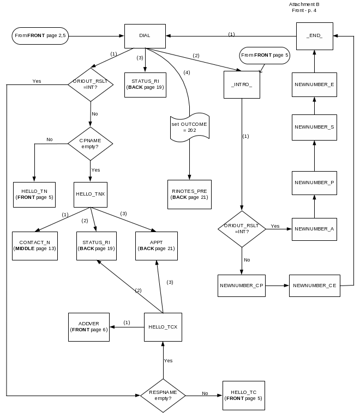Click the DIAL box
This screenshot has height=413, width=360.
coord(145,36)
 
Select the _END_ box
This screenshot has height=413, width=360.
coord(315,36)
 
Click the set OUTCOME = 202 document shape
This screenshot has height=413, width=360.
coord(189,127)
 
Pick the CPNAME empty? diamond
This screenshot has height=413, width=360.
coord(90,144)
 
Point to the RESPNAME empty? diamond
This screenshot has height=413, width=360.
coord(163,395)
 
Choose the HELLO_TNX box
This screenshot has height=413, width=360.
coord(90,194)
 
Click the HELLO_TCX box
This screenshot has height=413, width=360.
coord(163,327)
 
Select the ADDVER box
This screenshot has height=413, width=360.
coord(89,327)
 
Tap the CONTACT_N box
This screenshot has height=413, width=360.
coord(35,245)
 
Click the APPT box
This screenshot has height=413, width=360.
coord(157,245)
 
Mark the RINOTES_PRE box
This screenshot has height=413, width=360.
coord(189,194)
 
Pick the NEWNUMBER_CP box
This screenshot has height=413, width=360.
coord(241,286)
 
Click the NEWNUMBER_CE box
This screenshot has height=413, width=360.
coord(314,286)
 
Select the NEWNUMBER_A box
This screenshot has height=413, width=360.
coord(314,229)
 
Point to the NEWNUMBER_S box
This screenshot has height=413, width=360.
coord(314,127)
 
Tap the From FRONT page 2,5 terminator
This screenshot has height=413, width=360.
coord(40,36)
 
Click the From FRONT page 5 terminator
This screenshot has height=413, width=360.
coord(265,55)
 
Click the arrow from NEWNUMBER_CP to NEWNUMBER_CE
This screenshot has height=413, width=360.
coord(277,286)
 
